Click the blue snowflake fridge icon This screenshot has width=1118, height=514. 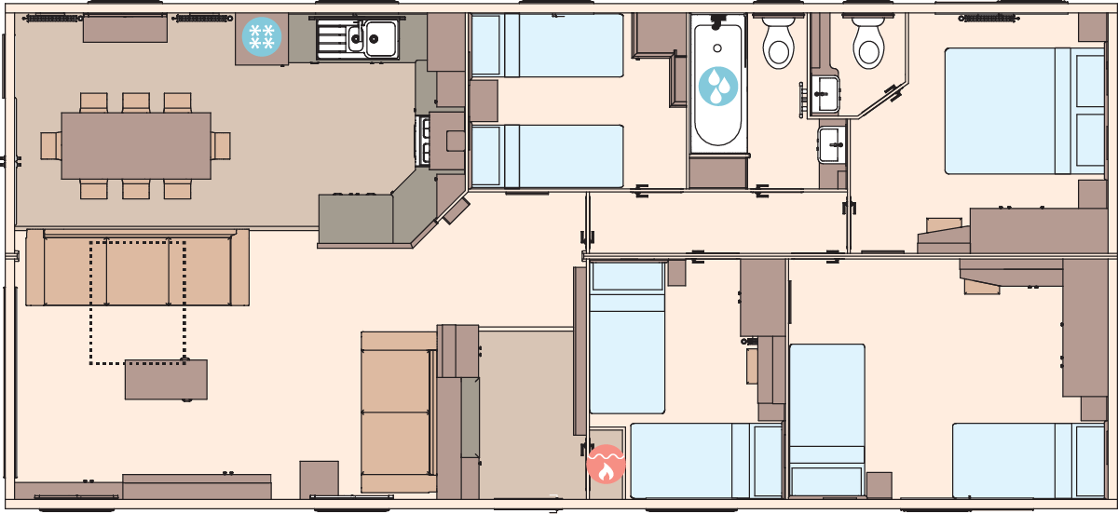pyautogui.click(x=262, y=37)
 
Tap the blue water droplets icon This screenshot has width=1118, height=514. pyautogui.click(x=717, y=86)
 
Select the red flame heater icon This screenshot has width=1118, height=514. pyautogui.click(x=606, y=464)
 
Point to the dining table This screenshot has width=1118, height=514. pyautogui.click(x=136, y=145)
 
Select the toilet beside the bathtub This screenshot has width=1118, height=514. pyautogui.click(x=778, y=42)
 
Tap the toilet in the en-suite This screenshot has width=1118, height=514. pyautogui.click(x=867, y=42)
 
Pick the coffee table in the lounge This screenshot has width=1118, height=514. pyautogui.click(x=166, y=379)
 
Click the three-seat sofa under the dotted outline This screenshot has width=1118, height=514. pyautogui.click(x=137, y=270)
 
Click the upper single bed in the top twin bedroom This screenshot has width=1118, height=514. pyautogui.click(x=547, y=45)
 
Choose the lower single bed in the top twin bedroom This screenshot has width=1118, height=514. pyautogui.click(x=547, y=156)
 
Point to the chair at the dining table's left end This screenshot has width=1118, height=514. pyautogui.click(x=50, y=145)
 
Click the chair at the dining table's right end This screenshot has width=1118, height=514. pyautogui.click(x=221, y=145)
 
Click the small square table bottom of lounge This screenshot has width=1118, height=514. pyautogui.click(x=319, y=479)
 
